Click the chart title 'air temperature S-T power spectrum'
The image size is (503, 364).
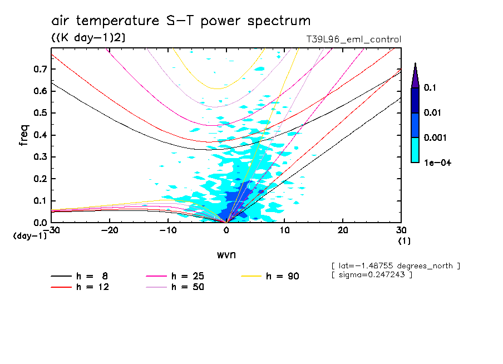pyautogui.click(x=181, y=22)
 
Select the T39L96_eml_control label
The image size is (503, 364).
pyautogui.click(x=353, y=40)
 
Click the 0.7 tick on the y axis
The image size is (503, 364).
pyautogui.click(x=39, y=69)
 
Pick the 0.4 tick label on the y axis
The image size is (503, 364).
pyautogui.click(x=39, y=135)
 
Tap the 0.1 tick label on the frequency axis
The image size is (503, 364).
pyautogui.click(x=39, y=201)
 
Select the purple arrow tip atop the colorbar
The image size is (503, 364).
pyautogui.click(x=415, y=75)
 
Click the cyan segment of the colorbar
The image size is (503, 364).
pyautogui.click(x=415, y=150)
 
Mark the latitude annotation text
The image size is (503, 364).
pyautogui.click(x=396, y=265)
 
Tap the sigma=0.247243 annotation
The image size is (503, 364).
pyautogui.click(x=372, y=275)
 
